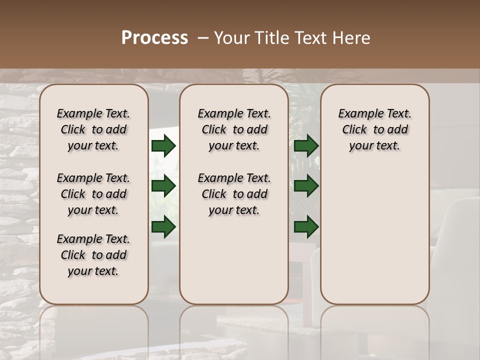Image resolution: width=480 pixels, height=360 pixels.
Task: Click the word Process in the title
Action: coord(154,38)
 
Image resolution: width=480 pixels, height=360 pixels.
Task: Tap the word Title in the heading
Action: coord(266,38)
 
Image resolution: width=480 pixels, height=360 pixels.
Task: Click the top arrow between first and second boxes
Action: coord(163,146)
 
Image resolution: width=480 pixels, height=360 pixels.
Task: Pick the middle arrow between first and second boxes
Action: coord(163,186)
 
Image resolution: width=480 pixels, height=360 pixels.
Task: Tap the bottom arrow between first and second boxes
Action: coord(163,227)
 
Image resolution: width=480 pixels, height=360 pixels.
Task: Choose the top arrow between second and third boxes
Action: coord(306,146)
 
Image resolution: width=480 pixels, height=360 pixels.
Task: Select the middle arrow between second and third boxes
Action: coord(306,186)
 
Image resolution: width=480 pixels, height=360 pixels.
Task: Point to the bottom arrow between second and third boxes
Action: coord(306,227)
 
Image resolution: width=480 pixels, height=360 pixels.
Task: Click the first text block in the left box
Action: coord(93,129)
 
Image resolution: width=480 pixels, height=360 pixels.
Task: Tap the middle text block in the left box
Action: coord(93,194)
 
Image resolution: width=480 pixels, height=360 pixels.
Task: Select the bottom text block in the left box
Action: coord(93,255)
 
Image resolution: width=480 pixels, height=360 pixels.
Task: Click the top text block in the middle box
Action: coord(234,129)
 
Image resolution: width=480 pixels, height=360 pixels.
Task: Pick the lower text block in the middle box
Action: coord(234,194)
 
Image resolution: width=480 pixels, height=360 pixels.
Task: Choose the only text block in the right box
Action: coord(374,129)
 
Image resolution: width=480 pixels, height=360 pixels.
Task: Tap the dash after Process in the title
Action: coord(203,38)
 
